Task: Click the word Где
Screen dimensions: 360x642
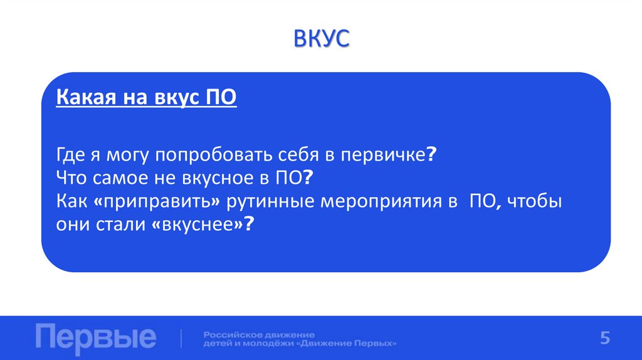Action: pos(69,154)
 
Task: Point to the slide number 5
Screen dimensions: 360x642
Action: pos(604,337)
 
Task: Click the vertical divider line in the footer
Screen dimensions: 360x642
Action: pos(182,338)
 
